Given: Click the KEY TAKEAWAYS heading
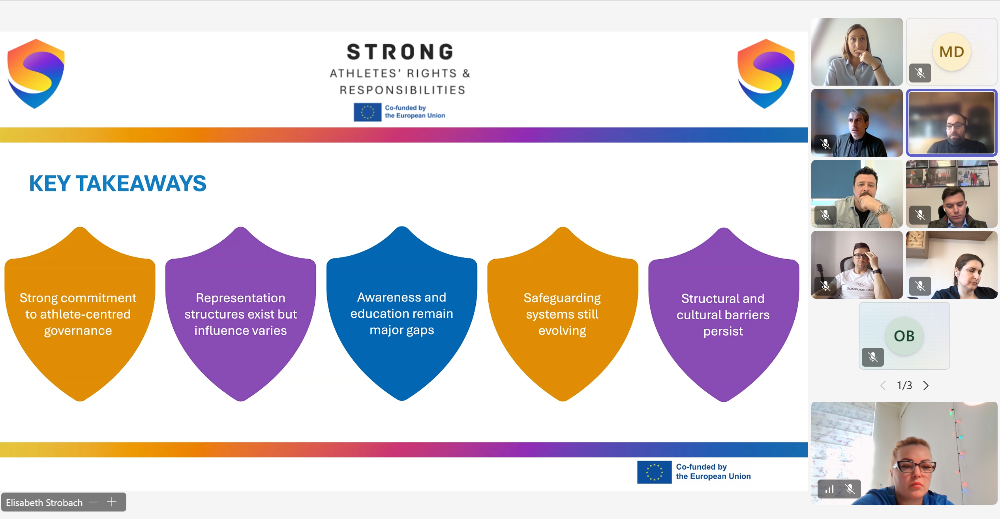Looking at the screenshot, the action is (x=118, y=184).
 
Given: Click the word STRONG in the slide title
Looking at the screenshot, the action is (x=400, y=52).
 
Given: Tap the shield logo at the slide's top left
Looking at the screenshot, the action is (x=36, y=73).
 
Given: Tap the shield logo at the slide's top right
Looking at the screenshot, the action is (x=766, y=73).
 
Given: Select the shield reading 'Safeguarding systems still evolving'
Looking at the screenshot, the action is (x=563, y=314).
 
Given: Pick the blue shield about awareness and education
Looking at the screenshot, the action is (x=402, y=313).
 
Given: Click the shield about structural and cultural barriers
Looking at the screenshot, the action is (x=724, y=315).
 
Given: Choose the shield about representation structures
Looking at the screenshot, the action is (x=240, y=314).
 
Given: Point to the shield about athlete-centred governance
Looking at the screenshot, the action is (x=80, y=314).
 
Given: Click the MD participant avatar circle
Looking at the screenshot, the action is (x=951, y=52).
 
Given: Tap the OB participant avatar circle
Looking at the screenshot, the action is (x=904, y=336).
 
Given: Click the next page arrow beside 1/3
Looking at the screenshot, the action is (x=926, y=385).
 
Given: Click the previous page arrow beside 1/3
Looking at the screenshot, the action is (x=883, y=385).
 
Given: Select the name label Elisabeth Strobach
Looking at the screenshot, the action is (x=44, y=502).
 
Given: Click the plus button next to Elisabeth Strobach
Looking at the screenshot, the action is (x=112, y=502).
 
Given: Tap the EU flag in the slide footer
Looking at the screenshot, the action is (x=654, y=472).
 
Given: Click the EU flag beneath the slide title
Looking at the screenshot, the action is (x=367, y=112).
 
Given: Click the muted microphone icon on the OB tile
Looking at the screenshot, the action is (x=872, y=357).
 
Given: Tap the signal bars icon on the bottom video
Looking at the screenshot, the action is (x=829, y=489).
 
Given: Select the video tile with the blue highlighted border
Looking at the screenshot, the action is (x=951, y=123).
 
